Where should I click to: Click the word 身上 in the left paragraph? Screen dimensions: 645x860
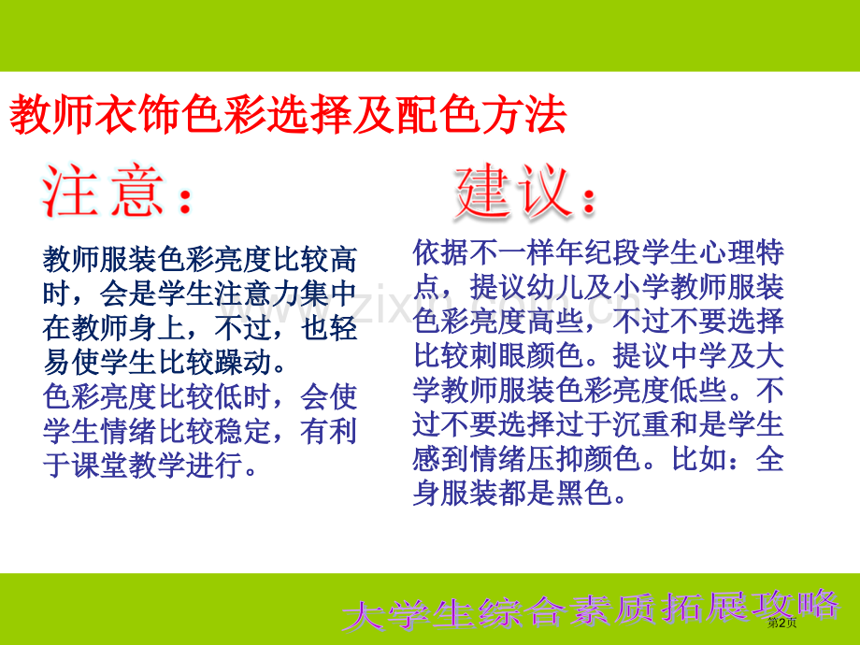152,329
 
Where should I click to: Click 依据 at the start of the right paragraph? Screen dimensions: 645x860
438,253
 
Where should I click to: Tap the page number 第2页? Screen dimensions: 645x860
781,623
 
